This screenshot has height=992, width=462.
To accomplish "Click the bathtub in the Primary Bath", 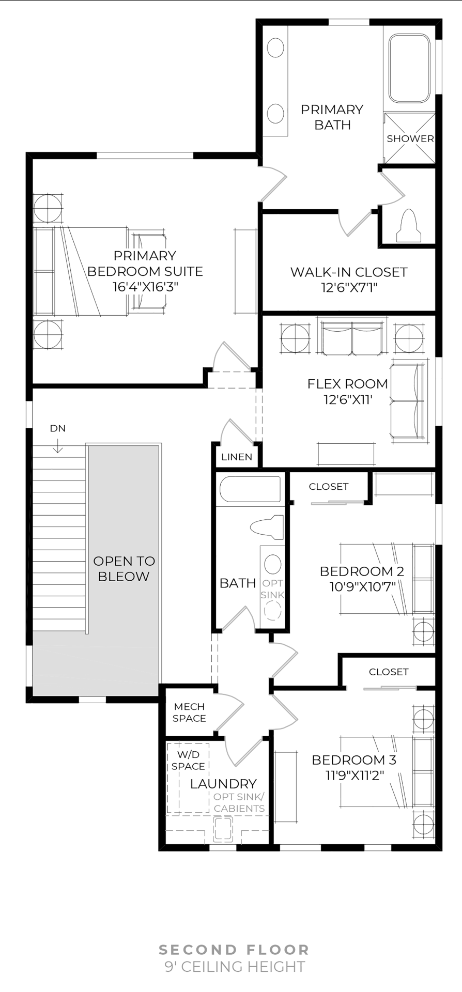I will [409, 68].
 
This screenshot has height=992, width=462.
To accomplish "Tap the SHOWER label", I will [410, 138].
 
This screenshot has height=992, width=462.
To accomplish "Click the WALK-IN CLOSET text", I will [349, 272].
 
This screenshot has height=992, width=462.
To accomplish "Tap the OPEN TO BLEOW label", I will [124, 568].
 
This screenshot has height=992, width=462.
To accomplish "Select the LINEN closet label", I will [237, 457].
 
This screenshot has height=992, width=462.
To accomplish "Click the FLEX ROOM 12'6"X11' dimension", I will [347, 399].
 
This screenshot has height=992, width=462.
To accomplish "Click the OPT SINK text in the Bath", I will [272, 589].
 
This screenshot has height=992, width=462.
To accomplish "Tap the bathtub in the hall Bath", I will [250, 489].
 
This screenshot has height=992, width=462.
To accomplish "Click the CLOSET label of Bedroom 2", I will [329, 487].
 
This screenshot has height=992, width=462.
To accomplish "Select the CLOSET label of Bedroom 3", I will [389, 672].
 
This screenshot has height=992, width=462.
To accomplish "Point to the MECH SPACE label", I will [189, 712].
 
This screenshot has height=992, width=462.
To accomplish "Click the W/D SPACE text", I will [188, 761].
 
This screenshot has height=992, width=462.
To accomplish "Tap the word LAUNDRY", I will [223, 783].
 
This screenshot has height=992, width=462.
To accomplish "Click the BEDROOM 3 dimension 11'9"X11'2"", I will [355, 775].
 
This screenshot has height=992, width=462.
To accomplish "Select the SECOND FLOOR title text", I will [234, 950].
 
